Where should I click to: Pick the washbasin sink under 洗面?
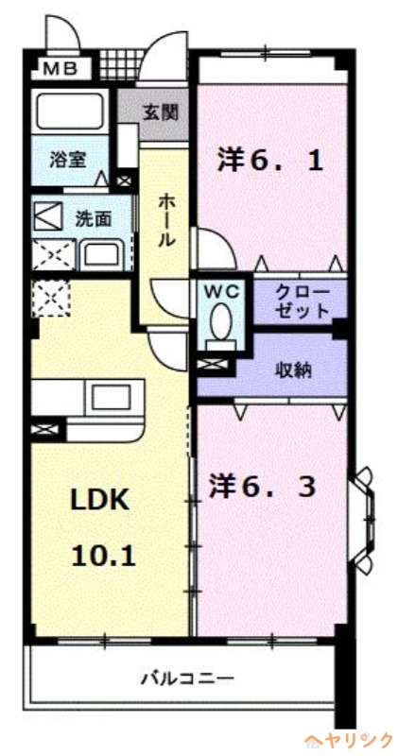(98, 253)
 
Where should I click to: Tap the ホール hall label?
(166, 219)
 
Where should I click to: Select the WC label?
(222, 289)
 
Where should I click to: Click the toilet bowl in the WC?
(223, 322)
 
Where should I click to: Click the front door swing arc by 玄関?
(170, 57)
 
